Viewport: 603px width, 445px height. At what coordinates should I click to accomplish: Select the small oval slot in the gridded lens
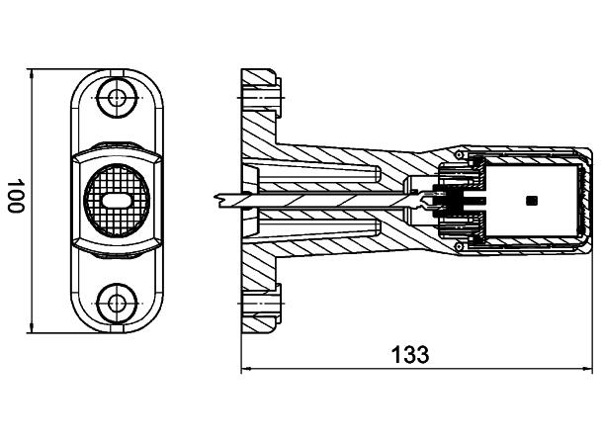118,200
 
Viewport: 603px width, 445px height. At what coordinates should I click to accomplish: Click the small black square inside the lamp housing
532,201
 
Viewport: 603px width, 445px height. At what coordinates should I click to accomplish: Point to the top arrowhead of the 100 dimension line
33,74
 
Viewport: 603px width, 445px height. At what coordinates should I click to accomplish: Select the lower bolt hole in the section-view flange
261,303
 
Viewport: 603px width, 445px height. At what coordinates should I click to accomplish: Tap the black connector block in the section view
451,201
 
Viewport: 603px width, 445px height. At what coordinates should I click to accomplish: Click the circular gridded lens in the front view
118,198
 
